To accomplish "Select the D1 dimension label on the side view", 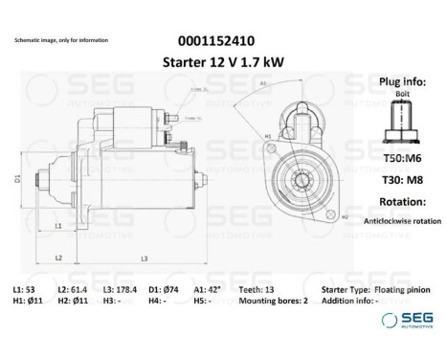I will pyautogui.click(x=17, y=178).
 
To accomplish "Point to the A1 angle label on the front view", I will pyautogui.click(x=261, y=83).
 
